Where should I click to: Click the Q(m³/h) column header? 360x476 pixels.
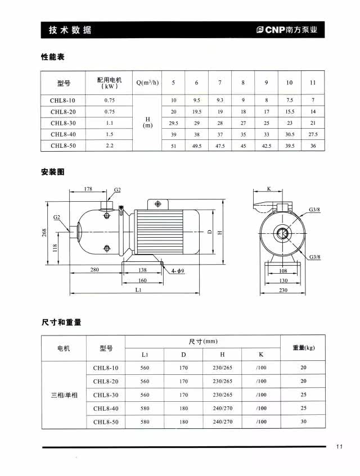click(148, 83)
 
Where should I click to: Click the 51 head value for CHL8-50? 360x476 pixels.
click(173, 146)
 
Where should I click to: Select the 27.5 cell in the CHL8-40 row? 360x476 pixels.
click(313, 134)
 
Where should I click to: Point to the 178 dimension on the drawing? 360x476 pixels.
click(88, 189)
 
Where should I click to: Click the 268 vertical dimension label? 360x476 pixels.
click(44, 232)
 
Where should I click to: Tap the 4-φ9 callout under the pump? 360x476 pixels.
click(178, 270)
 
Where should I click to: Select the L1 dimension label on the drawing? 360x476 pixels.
click(138, 289)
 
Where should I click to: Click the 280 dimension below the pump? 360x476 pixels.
click(94, 270)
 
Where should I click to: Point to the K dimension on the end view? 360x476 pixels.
click(269, 189)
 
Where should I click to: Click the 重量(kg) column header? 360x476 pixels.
click(303, 348)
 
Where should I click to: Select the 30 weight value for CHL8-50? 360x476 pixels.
click(303, 421)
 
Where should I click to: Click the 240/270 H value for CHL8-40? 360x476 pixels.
click(222, 408)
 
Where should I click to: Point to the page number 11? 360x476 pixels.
click(339, 447)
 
